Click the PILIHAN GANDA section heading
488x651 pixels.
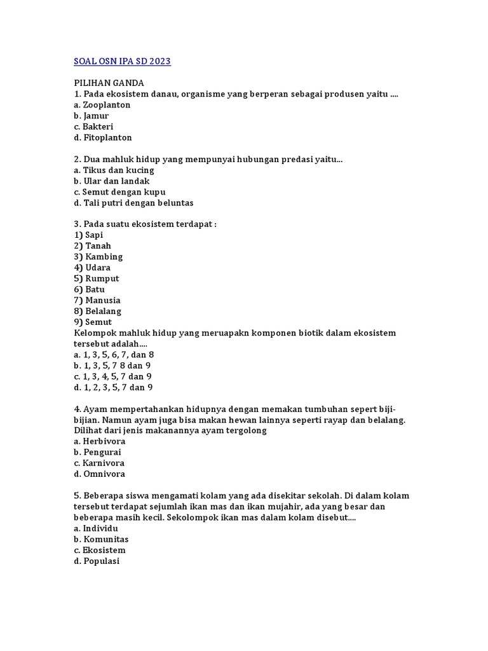(x=109, y=83)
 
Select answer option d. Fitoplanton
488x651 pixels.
(x=102, y=137)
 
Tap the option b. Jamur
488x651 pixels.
(x=91, y=116)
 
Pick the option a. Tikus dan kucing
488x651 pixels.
(x=114, y=170)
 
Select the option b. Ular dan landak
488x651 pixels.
(x=111, y=181)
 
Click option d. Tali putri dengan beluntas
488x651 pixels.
(x=133, y=203)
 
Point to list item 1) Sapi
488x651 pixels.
(x=88, y=235)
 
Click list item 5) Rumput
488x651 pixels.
(x=97, y=278)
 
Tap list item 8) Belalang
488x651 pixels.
(x=97, y=311)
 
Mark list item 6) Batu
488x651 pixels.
(x=90, y=289)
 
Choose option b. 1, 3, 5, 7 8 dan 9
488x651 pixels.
(x=112, y=366)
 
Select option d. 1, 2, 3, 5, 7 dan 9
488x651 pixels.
(x=113, y=387)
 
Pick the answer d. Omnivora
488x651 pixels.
(x=99, y=474)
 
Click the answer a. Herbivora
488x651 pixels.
(x=99, y=441)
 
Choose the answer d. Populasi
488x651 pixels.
(x=97, y=561)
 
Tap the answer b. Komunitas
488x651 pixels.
(x=101, y=539)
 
